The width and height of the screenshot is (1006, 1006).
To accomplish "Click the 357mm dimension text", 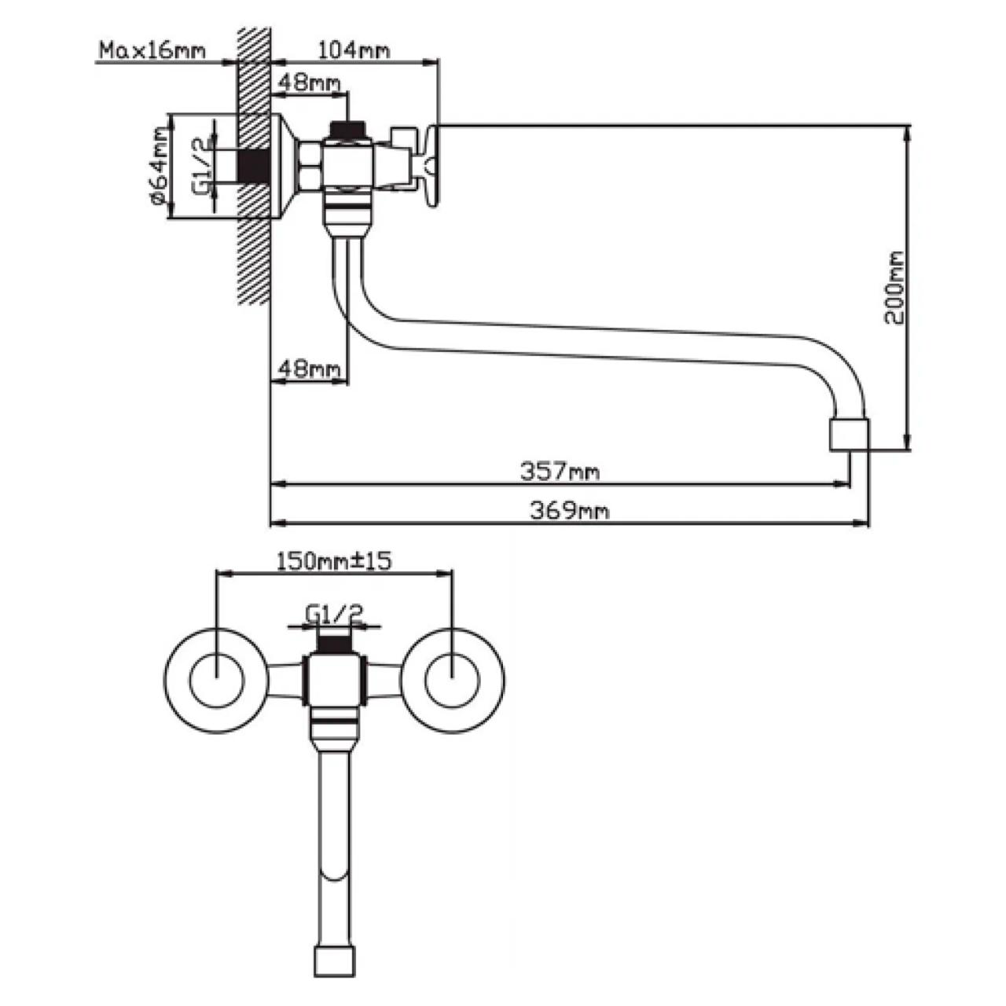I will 560,472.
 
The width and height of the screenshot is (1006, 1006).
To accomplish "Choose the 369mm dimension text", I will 569,511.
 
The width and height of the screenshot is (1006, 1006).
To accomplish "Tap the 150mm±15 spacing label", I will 334,561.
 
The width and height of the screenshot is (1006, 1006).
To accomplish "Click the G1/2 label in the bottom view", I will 334,613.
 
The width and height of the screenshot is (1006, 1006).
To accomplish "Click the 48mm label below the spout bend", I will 308,369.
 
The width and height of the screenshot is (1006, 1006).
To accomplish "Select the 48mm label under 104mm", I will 308,83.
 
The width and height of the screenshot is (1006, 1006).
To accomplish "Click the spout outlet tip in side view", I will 850,435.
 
